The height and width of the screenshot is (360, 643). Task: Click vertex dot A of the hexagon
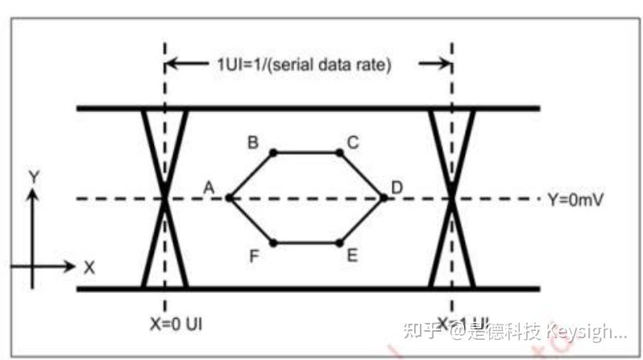coord(230,197)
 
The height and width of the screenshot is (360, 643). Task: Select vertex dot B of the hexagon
coord(274,151)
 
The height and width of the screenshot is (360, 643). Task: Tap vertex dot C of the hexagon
coord(339,151)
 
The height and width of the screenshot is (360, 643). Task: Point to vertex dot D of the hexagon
coord(384,197)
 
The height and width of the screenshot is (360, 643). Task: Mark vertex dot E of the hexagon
coord(339,242)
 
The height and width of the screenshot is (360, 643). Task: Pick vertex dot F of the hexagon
coord(274,242)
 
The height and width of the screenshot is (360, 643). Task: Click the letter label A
coord(209,188)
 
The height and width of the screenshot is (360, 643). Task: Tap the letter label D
coord(397,188)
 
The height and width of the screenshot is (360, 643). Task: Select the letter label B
coord(253,143)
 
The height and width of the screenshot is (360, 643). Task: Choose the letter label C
coord(353,143)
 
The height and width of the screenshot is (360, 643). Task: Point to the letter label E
coord(352,255)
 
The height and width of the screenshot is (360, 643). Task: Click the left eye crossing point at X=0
coord(165,198)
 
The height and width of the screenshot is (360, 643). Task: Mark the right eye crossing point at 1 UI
coord(452,198)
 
